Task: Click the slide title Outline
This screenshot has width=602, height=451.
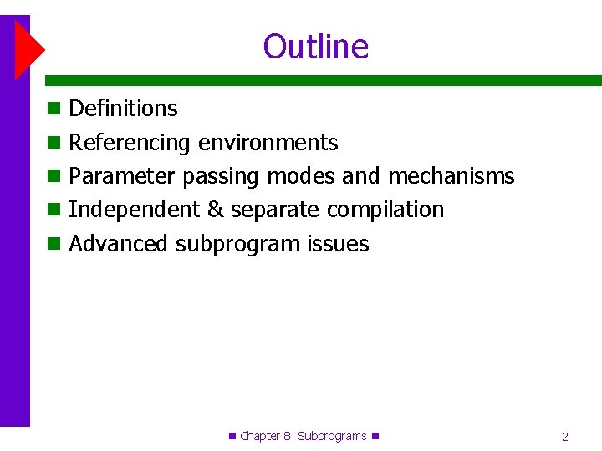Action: pyautogui.click(x=315, y=47)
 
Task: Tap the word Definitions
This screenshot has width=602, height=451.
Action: pyautogui.click(x=123, y=109)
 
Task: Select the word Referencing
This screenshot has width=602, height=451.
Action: pyautogui.click(x=130, y=143)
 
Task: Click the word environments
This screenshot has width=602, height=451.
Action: pyautogui.click(x=268, y=143)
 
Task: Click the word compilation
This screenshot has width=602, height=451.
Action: pyautogui.click(x=385, y=210)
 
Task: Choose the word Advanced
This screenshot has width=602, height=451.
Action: pyautogui.click(x=119, y=244)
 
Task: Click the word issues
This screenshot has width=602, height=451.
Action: pyautogui.click(x=338, y=244)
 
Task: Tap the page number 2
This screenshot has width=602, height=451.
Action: pyautogui.click(x=565, y=436)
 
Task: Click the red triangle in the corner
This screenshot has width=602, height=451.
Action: pyautogui.click(x=27, y=48)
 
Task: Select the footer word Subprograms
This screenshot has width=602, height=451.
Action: pyautogui.click(x=332, y=436)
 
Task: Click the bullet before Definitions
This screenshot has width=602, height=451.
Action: pyautogui.click(x=54, y=109)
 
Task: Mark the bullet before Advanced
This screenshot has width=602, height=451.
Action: pyautogui.click(x=54, y=244)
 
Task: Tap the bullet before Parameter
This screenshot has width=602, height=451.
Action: pyautogui.click(x=54, y=176)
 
